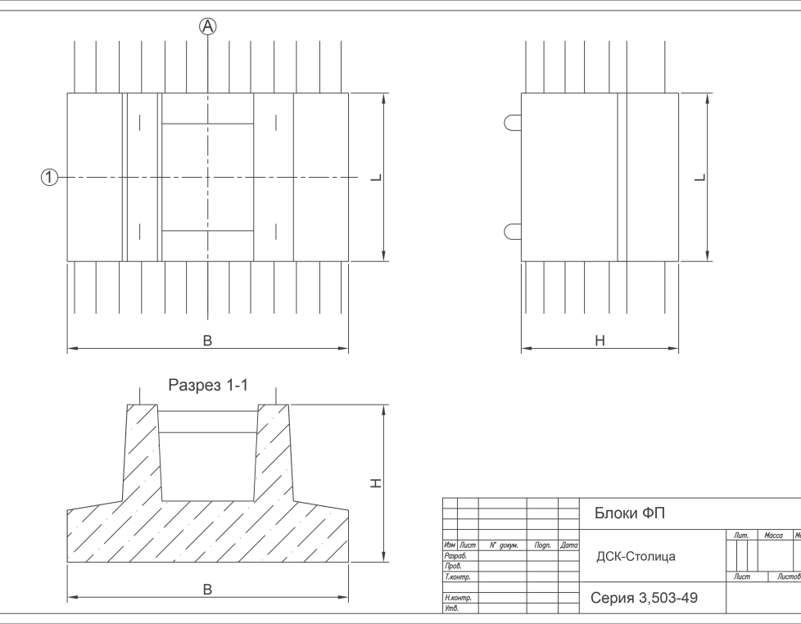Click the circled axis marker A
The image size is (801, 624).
pyautogui.click(x=209, y=27)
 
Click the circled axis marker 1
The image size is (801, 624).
pyautogui.click(x=50, y=177)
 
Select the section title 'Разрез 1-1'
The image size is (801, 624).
pyautogui.click(x=208, y=385)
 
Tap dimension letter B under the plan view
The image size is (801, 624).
pyautogui.click(x=207, y=341)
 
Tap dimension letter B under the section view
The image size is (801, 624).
pyautogui.click(x=207, y=589)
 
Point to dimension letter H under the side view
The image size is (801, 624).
pyautogui.click(x=600, y=341)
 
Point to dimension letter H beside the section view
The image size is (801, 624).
pyautogui.click(x=376, y=484)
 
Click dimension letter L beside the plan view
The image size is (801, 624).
pyautogui.click(x=376, y=178)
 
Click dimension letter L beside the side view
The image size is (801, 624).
pyautogui.click(x=700, y=178)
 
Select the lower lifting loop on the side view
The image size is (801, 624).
pyautogui.click(x=513, y=231)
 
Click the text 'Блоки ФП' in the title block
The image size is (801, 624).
pyautogui.click(x=630, y=513)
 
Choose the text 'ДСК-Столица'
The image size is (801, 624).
pyautogui.click(x=636, y=557)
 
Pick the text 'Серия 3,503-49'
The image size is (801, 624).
pyautogui.click(x=644, y=599)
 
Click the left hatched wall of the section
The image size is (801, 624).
pyautogui.click(x=140, y=454)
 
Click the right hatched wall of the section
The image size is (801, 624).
pyautogui.click(x=274, y=454)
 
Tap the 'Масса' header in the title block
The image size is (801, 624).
pyautogui.click(x=773, y=536)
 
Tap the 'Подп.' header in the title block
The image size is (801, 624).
pyautogui.click(x=541, y=545)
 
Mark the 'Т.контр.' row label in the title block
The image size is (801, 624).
pyautogui.click(x=456, y=577)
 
